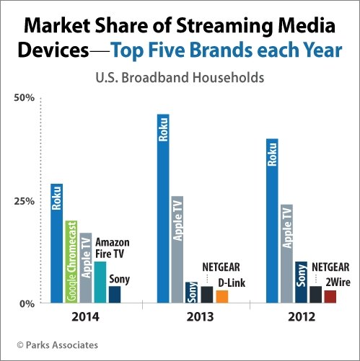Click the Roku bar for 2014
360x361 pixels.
click(56, 244)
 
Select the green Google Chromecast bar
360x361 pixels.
click(71, 262)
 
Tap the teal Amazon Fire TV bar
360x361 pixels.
click(100, 282)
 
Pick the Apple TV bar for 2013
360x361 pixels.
click(177, 249)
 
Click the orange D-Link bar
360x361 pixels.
click(222, 297)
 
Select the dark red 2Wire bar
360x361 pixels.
click(330, 297)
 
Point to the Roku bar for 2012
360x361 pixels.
click(272, 220)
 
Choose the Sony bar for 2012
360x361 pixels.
click(302, 282)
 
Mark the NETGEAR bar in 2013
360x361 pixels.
click(207, 295)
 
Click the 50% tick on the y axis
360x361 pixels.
click(24, 98)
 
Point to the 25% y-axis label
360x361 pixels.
click(24, 201)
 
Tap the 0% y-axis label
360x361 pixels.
click(27, 304)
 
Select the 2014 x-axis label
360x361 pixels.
click(85, 317)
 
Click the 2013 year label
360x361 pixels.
click(200, 317)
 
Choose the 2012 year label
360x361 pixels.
click(302, 317)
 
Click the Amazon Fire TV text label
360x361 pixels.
click(113, 249)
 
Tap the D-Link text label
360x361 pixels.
click(232, 282)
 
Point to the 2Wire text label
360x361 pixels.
click(338, 282)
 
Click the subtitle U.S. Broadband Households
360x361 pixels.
click(180, 78)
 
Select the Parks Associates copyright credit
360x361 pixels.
click(58, 345)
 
